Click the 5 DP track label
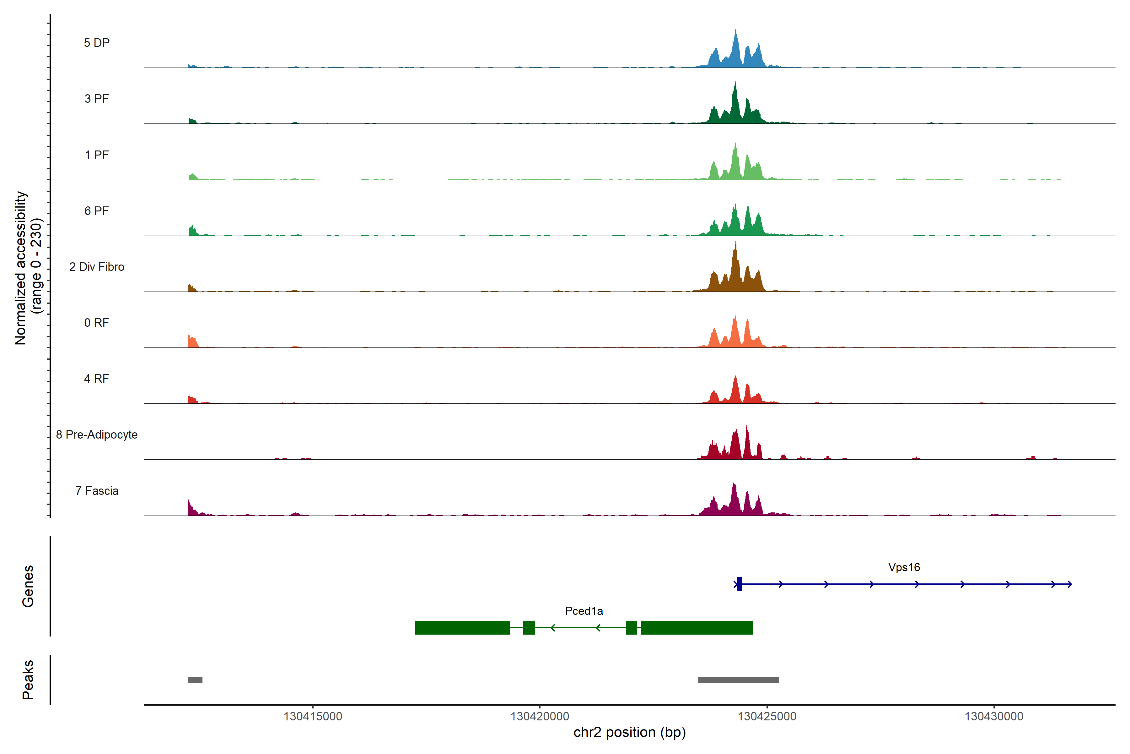[97, 43]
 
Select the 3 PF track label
[97, 99]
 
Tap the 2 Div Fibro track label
[97, 267]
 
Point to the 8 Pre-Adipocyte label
[97, 435]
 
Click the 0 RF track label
[97, 323]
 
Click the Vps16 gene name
[904, 567]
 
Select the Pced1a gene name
[584, 611]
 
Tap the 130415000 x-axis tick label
[313, 717]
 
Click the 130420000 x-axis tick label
[540, 717]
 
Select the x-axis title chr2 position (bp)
[629, 732]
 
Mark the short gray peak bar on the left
[195, 680]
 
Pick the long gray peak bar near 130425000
[738, 680]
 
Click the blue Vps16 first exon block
[740, 584]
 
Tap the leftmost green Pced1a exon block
[462, 627]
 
